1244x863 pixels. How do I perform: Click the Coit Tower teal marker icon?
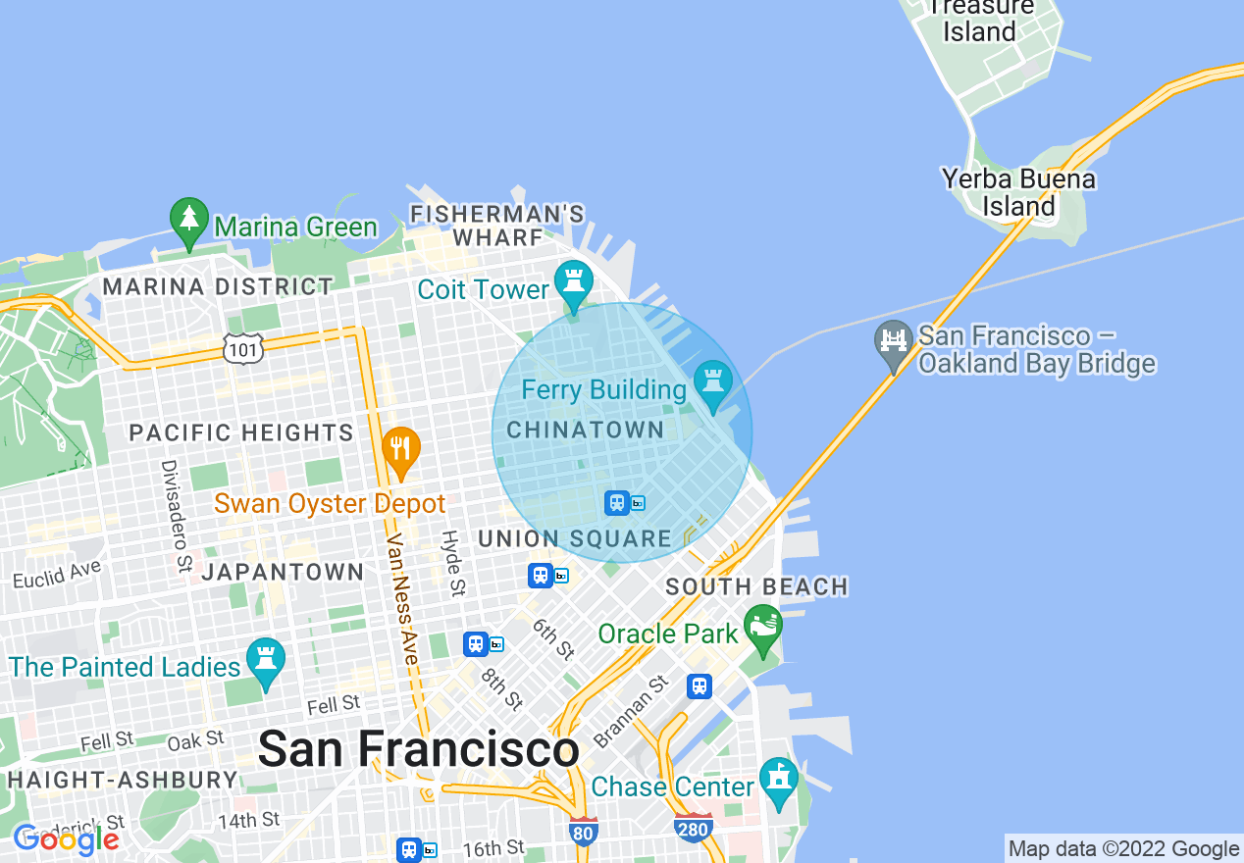point(574,281)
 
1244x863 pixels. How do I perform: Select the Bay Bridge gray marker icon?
point(893,342)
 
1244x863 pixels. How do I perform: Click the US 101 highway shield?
point(241,347)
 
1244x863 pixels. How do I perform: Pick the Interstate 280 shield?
point(693,828)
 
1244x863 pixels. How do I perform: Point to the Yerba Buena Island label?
point(1017,192)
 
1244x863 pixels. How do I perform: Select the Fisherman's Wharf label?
point(497,226)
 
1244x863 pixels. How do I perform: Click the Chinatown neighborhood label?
point(585,430)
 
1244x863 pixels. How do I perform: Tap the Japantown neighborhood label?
point(283,571)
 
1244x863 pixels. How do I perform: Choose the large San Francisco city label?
point(418,750)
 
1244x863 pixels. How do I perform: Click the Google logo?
point(67,838)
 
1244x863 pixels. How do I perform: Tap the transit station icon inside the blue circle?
point(617,503)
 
